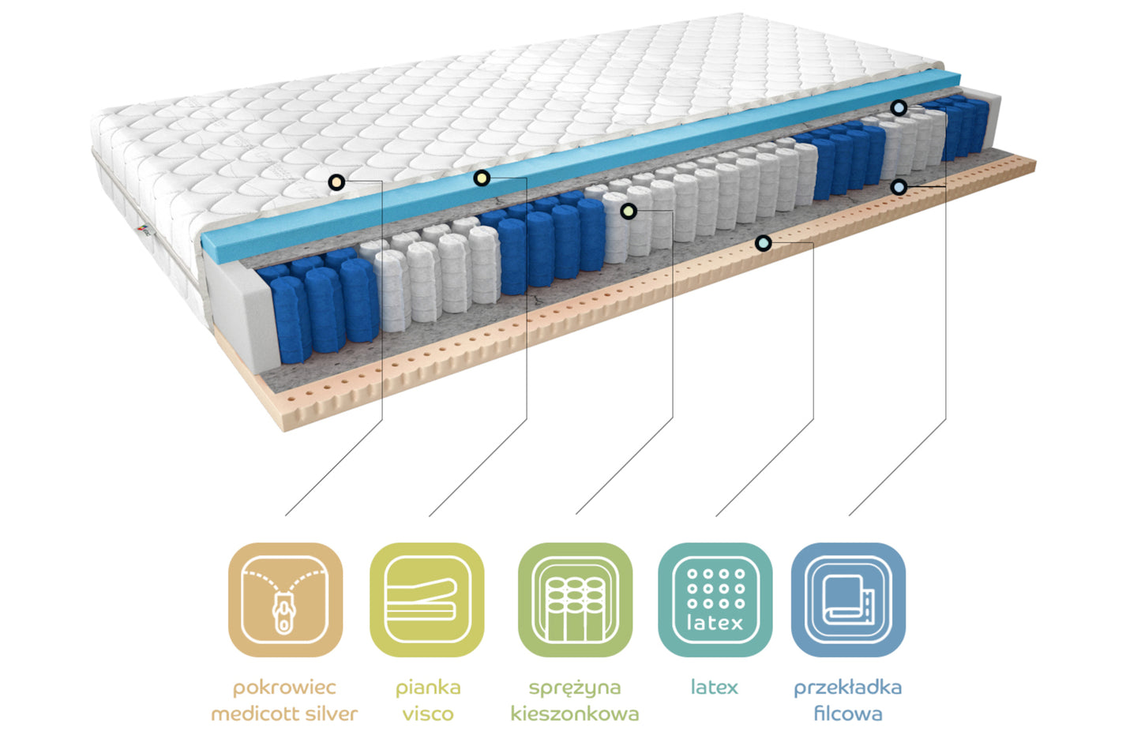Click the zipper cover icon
pyautogui.click(x=285, y=599)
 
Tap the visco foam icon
pyautogui.click(x=426, y=599)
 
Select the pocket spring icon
pyautogui.click(x=575, y=599)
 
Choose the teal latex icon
pyautogui.click(x=715, y=599)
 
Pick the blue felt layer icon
pyautogui.click(x=848, y=599)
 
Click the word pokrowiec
pyautogui.click(x=284, y=687)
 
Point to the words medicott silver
pyautogui.click(x=284, y=714)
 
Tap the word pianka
pyautogui.click(x=428, y=687)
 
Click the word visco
pyautogui.click(x=428, y=714)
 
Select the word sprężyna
pyautogui.click(x=575, y=687)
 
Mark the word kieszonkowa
pyautogui.click(x=575, y=714)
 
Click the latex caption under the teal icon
pyautogui.click(x=715, y=687)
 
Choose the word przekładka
pyautogui.click(x=848, y=687)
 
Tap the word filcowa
pyautogui.click(x=848, y=714)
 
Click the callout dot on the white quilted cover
pyautogui.click(x=336, y=183)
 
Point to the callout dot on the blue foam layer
pyautogui.click(x=482, y=178)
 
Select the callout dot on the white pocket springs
pyautogui.click(x=628, y=211)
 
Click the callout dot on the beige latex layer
pyautogui.click(x=763, y=243)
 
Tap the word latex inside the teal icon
pyautogui.click(x=715, y=623)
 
